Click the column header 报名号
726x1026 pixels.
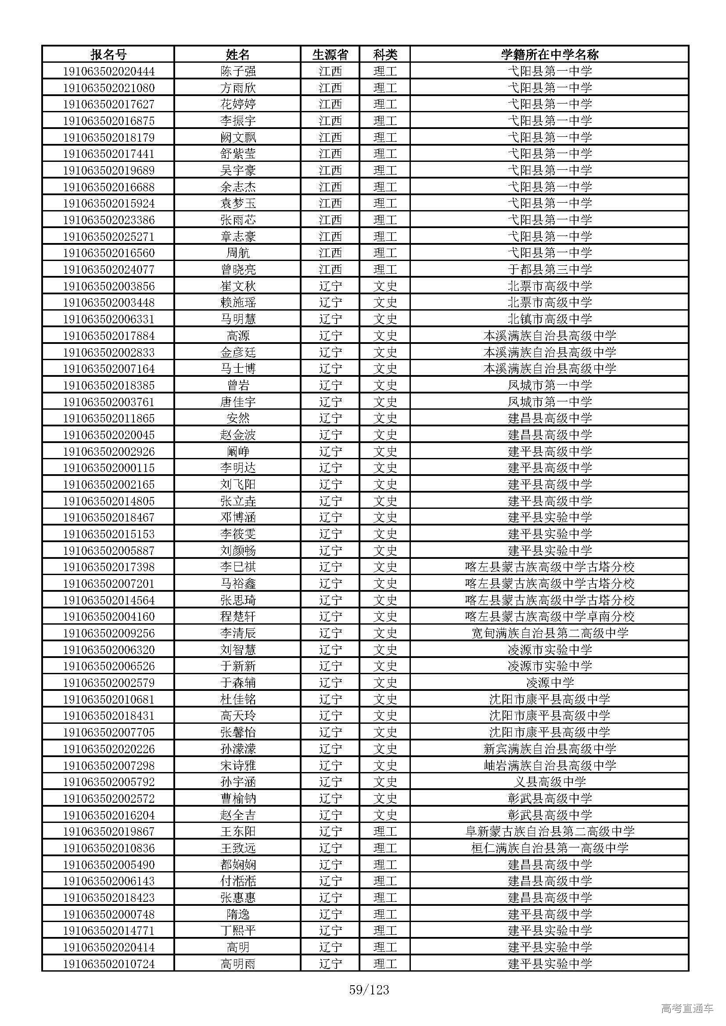[108, 54]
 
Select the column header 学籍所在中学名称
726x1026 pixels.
[550, 54]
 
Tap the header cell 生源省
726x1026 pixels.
[330, 54]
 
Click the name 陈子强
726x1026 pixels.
[238, 71]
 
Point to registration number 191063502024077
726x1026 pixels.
[108, 269]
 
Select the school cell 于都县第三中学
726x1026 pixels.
[550, 269]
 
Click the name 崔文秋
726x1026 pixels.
[238, 286]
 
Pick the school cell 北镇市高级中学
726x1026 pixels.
[550, 319]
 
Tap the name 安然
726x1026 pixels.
[238, 418]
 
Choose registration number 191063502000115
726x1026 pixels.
[108, 468]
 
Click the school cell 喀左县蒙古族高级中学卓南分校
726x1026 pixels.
[550, 617]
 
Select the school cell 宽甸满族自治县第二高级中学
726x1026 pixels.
[550, 633]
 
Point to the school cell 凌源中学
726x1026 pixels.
[550, 683]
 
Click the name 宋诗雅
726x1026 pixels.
[238, 765]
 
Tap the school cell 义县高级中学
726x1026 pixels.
[550, 782]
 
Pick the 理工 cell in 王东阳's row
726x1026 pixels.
[385, 832]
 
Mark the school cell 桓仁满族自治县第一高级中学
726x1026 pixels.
[550, 848]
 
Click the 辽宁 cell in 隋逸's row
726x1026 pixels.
[330, 914]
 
